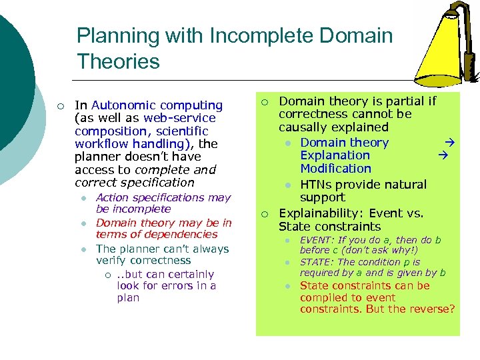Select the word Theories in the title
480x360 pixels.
click(x=118, y=62)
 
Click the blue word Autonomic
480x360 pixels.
click(x=124, y=105)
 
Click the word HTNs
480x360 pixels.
click(x=317, y=185)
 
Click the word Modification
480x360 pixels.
click(x=335, y=169)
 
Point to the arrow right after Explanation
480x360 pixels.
click(x=445, y=155)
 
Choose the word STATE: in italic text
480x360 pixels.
click(x=318, y=262)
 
